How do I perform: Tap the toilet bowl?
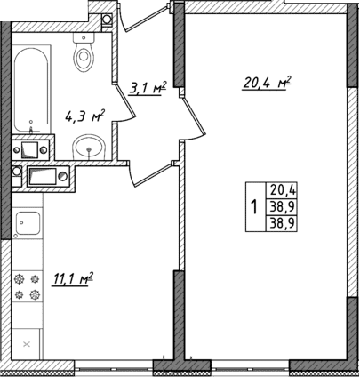[x=84, y=59]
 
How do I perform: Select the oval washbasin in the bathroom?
[x=88, y=147]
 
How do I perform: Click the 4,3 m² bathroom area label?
[x=86, y=116]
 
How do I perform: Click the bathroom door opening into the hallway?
[x=124, y=102]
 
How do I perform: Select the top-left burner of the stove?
[x=20, y=278]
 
